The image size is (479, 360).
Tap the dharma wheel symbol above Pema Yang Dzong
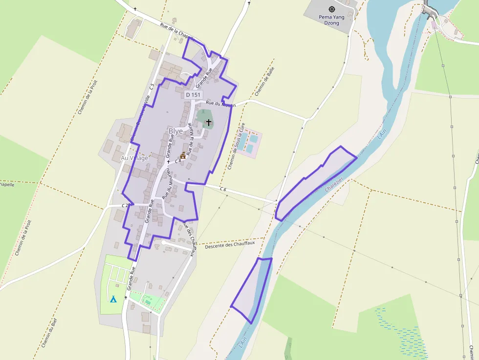pos(332,9)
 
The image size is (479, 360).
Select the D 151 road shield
pos(194,95)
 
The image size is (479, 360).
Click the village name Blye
pos(175,131)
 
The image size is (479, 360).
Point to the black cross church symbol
pos(209,122)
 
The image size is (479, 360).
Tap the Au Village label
pos(134,158)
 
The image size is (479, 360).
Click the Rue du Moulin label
pos(220,104)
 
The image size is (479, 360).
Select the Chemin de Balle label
pos(265,81)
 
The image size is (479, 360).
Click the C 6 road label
pos(223,189)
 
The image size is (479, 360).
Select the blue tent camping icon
pos(113,299)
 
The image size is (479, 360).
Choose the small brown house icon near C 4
pos(183,156)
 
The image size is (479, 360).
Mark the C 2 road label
pos(126,205)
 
